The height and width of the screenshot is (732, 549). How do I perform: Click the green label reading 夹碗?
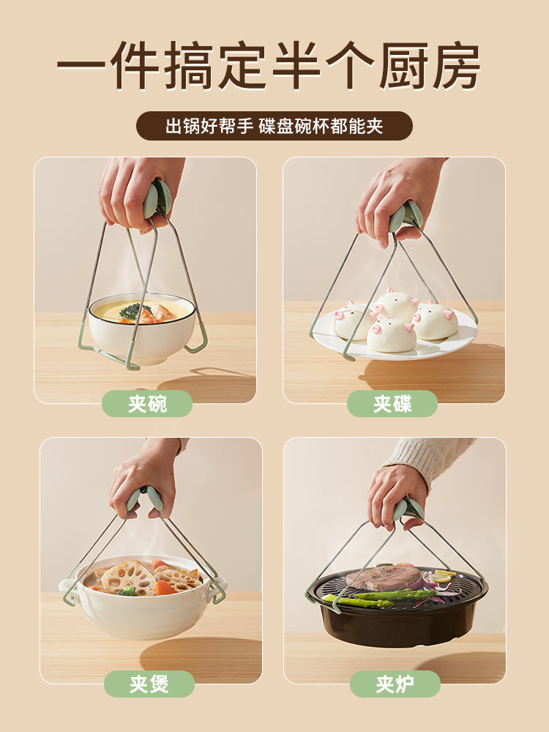point(147,404)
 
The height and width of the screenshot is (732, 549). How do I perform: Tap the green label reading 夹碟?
point(392,404)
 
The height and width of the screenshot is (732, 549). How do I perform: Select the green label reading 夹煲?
point(149,684)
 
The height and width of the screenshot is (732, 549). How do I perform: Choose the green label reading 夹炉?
point(395,684)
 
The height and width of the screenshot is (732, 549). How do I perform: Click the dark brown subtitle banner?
point(274,126)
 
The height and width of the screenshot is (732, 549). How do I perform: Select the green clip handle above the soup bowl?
point(157,199)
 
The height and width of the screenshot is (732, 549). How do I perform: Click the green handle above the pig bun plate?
point(406,217)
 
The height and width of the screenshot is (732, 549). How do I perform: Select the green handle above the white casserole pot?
point(145,500)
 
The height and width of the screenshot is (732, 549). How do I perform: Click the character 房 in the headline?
point(456,66)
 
